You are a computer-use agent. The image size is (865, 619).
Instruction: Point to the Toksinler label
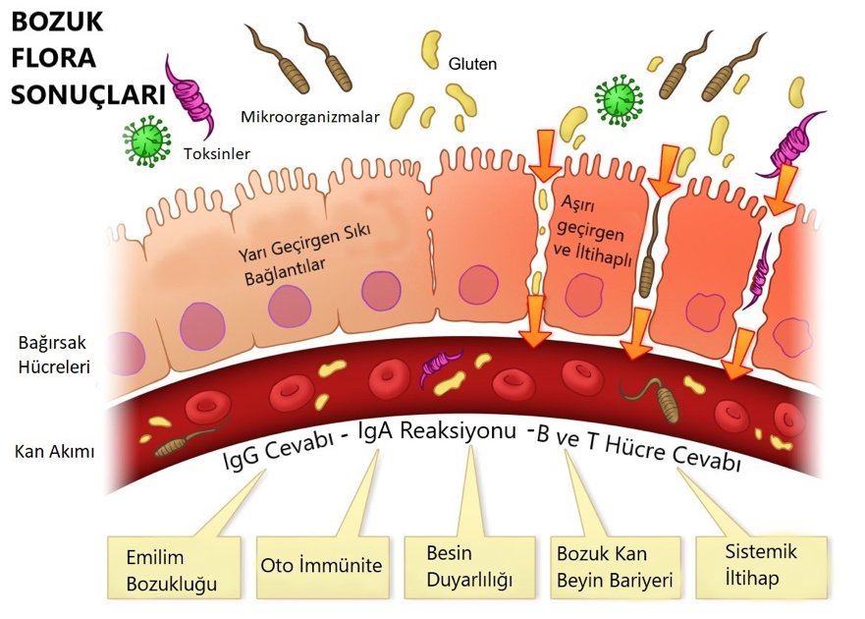(217, 153)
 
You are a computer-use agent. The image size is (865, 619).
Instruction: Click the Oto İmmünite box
(321, 566)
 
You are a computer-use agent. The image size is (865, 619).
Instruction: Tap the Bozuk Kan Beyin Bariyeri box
(615, 567)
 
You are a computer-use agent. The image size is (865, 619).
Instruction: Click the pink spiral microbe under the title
(190, 98)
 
